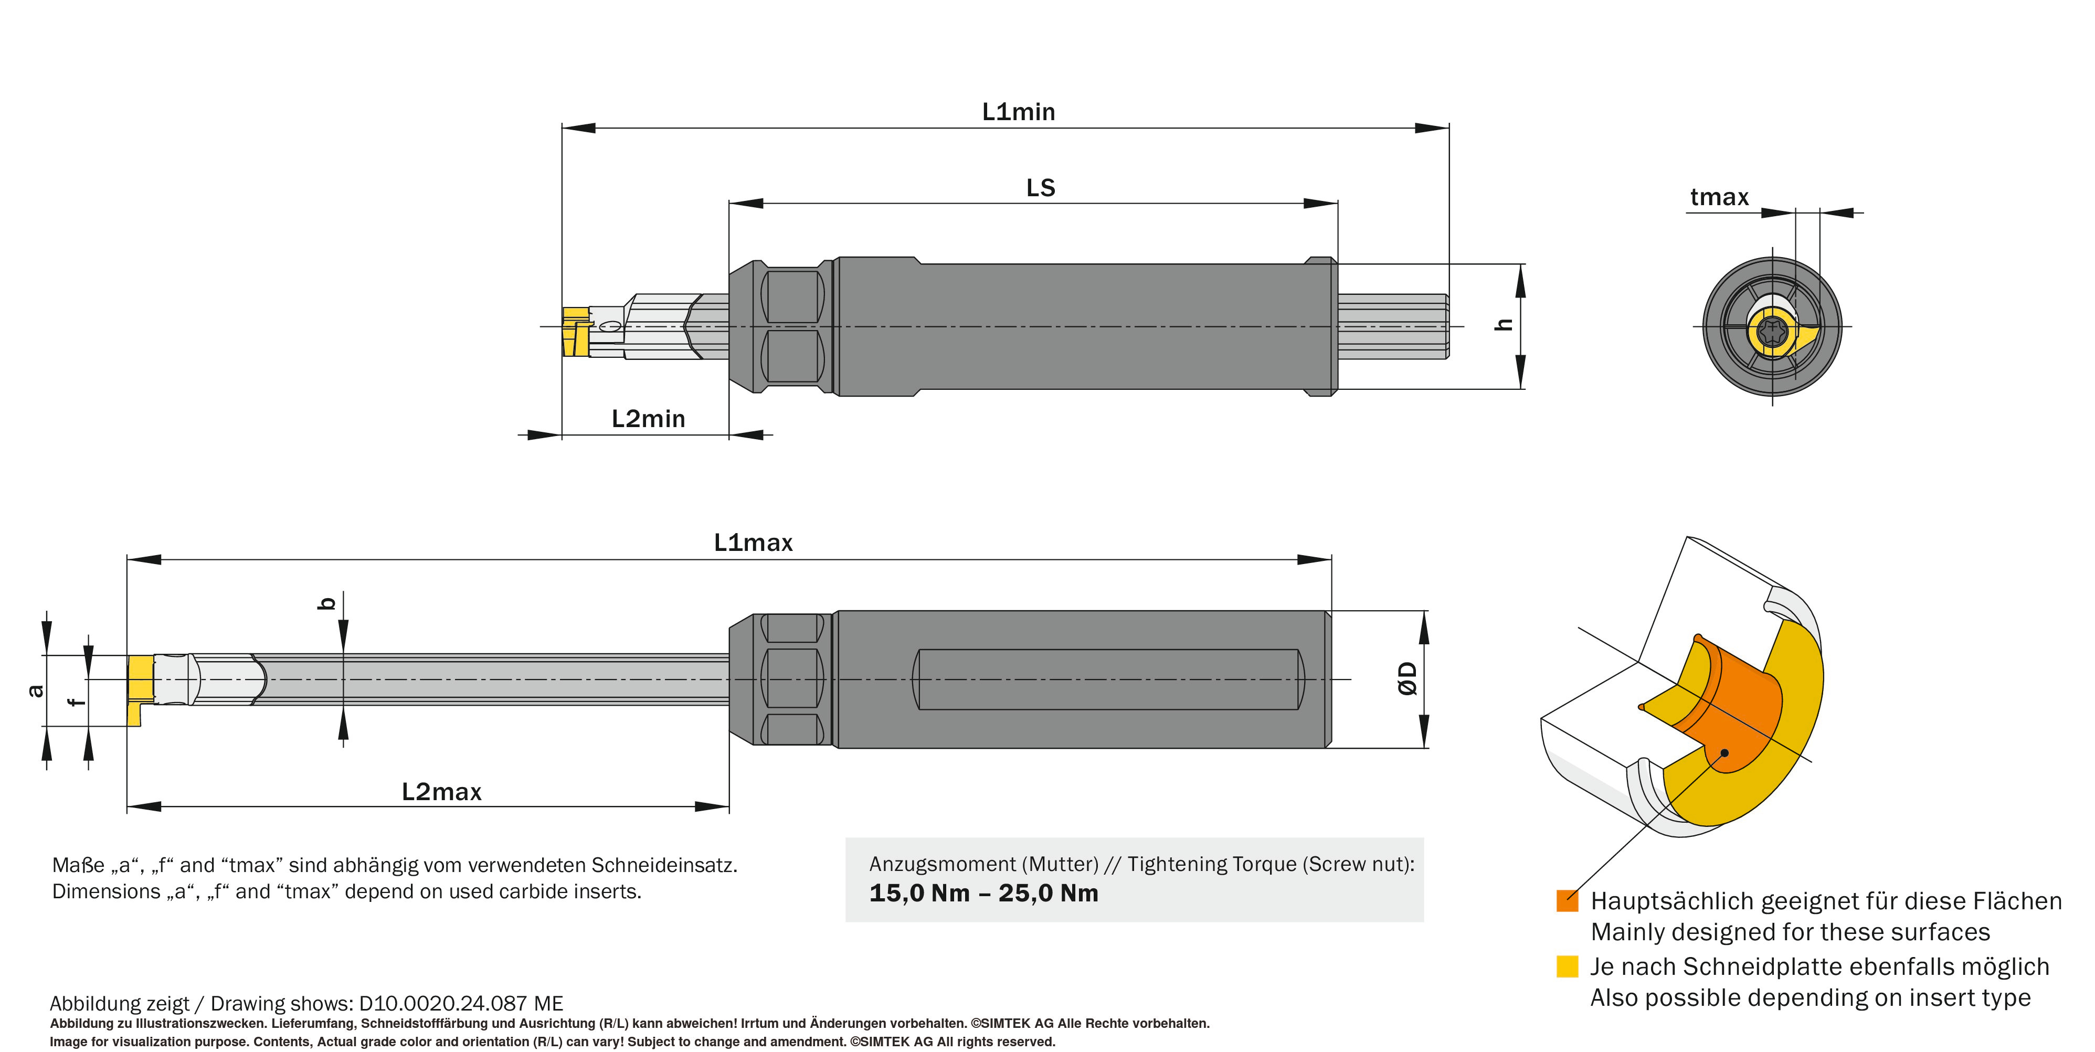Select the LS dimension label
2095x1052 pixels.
coord(1040,188)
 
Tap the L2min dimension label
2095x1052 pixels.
coord(648,419)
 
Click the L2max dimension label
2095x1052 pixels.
coord(441,792)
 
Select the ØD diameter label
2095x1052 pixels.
coord(1408,679)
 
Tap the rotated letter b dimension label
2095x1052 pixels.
coord(327,603)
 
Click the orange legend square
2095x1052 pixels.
coord(1567,901)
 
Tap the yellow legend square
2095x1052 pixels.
coord(1567,966)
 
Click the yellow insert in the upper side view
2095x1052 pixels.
coord(576,332)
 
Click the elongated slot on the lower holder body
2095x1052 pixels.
coord(1108,679)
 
